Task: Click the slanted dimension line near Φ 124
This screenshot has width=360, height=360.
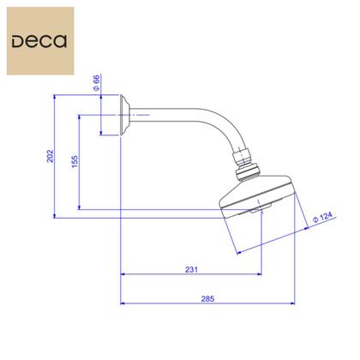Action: [283, 236]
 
